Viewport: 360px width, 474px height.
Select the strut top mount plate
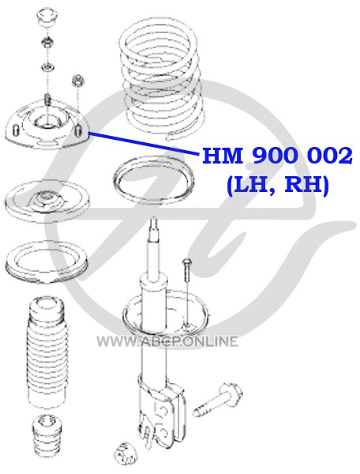point(47,126)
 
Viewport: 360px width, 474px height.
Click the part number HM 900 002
point(277,156)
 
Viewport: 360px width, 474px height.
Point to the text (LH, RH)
point(277,184)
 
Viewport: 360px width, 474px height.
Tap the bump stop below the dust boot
point(47,434)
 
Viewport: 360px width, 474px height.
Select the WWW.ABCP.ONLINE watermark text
point(167,342)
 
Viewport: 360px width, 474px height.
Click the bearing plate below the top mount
point(47,201)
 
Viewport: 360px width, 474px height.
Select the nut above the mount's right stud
point(78,81)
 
